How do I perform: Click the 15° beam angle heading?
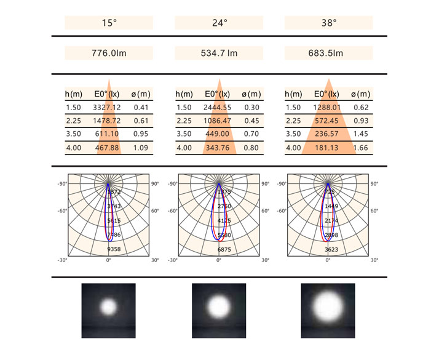(108, 23)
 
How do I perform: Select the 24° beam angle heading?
(219, 23)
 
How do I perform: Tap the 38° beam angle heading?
(329, 23)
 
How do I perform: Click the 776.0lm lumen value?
(108, 54)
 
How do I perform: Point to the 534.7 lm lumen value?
(219, 54)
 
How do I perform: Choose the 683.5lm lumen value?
(329, 54)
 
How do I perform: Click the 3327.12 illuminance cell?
(108, 108)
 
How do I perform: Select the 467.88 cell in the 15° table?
(108, 148)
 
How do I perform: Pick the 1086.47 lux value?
(219, 121)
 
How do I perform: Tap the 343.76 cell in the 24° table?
(219, 148)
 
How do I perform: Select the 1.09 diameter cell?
(141, 148)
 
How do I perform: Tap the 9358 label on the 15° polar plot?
(114, 249)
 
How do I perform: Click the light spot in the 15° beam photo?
(108, 306)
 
